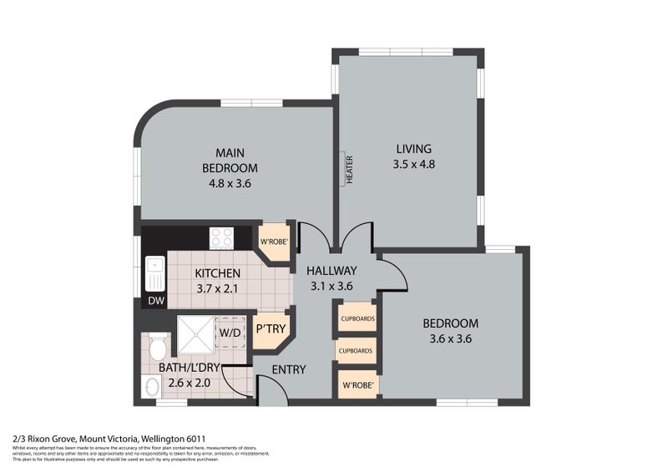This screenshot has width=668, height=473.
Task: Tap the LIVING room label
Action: click(x=414, y=149)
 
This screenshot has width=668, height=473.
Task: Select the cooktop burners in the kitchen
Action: click(x=221, y=238)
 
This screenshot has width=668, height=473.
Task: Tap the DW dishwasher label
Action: click(x=155, y=300)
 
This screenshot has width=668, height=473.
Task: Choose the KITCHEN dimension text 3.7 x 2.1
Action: click(x=217, y=289)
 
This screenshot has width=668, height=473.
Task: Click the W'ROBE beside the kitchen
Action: click(x=274, y=243)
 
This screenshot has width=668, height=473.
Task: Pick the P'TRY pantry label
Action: click(x=271, y=329)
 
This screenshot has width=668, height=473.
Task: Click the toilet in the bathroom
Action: click(x=157, y=346)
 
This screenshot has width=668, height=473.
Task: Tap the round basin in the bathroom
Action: click(x=152, y=388)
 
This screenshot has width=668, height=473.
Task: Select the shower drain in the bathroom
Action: click(x=194, y=337)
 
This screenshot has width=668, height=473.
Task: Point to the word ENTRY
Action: click(x=288, y=369)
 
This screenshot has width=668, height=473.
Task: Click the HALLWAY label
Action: click(x=331, y=270)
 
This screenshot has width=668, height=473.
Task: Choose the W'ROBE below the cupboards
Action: click(x=357, y=385)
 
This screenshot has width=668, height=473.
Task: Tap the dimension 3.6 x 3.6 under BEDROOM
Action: click(x=450, y=339)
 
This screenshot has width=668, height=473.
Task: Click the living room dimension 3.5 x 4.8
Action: click(x=414, y=165)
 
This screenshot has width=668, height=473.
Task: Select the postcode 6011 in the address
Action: click(x=195, y=438)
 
